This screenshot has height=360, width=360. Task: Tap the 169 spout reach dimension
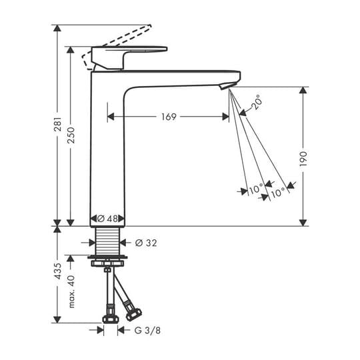169,117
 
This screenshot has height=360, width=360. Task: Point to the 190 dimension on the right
303,159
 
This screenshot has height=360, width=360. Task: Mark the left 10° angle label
255,190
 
